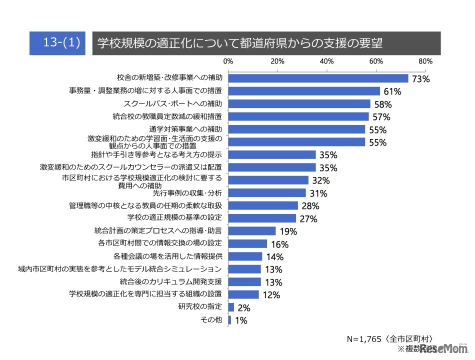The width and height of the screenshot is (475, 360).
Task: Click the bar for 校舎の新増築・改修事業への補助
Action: tap(318, 78)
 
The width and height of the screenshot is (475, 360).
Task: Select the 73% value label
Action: tap(421, 79)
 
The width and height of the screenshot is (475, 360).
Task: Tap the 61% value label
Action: tap(391, 91)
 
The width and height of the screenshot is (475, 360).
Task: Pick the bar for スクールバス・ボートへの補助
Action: tap(299, 104)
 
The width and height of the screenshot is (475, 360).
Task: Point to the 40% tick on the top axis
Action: tap(326, 61)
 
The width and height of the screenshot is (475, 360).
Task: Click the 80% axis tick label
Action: tap(425, 61)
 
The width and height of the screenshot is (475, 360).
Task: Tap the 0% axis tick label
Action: tap(228, 61)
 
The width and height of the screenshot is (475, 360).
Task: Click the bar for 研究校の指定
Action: tap(231, 307)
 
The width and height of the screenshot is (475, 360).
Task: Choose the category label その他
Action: tap(211, 319)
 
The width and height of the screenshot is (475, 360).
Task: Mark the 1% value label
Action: tap(241, 320)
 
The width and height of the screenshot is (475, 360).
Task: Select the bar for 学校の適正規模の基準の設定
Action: tap(262, 218)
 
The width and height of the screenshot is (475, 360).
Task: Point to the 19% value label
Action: tap(288, 231)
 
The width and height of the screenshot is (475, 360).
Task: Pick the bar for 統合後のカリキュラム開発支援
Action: tap(244, 281)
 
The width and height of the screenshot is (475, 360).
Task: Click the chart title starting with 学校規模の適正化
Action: tap(239, 43)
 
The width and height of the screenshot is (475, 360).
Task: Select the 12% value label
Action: tap(270, 295)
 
